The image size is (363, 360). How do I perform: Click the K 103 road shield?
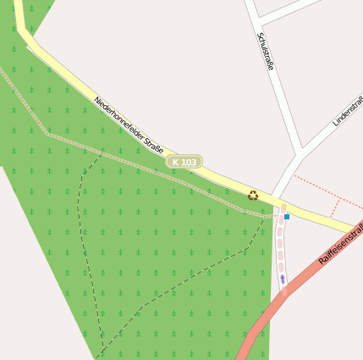point(184,162)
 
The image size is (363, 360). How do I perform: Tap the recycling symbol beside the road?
point(252,195)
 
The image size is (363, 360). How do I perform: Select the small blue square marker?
point(287,217)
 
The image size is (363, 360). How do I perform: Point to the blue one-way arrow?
point(283,278)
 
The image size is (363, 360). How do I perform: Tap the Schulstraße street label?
point(266,52)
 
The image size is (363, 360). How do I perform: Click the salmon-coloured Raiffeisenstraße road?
point(279,305)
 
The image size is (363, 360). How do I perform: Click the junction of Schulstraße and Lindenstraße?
point(300,152)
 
